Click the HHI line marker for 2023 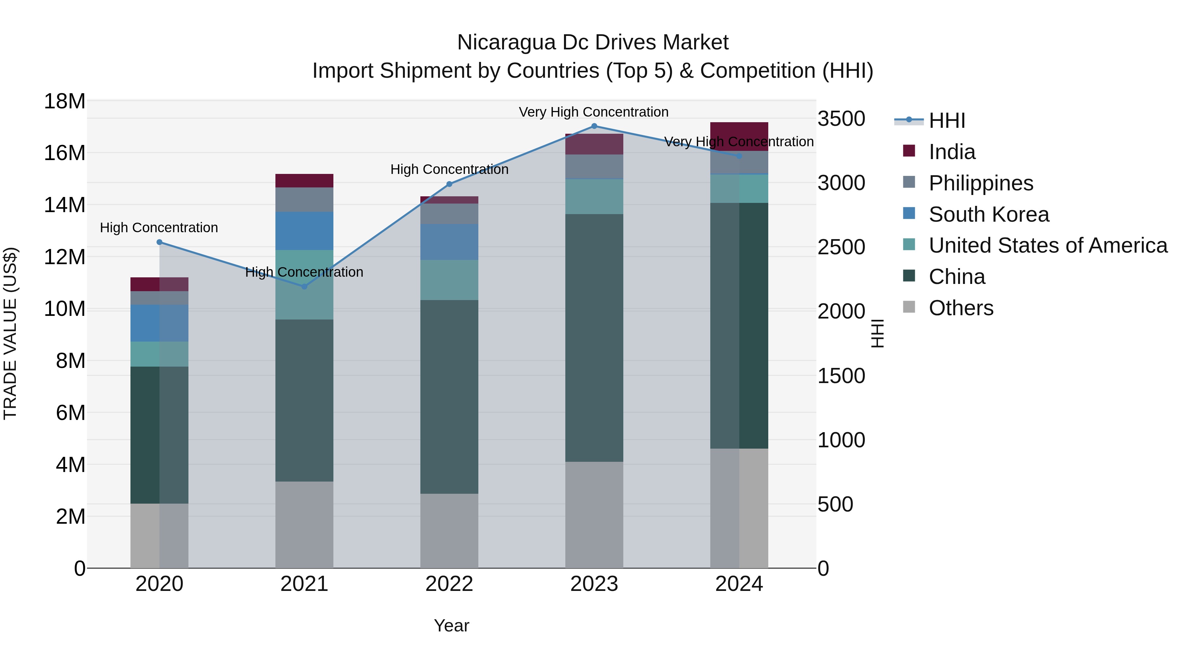point(594,126)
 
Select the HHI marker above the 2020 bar point(159,242)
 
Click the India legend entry point(952,152)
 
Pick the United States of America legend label point(1048,245)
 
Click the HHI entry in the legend point(946,121)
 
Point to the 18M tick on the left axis point(65,101)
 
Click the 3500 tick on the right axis point(841,119)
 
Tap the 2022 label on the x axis point(449,584)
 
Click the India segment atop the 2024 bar point(739,136)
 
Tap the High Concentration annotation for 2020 point(159,227)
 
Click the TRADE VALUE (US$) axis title point(10,333)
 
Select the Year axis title point(451,625)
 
